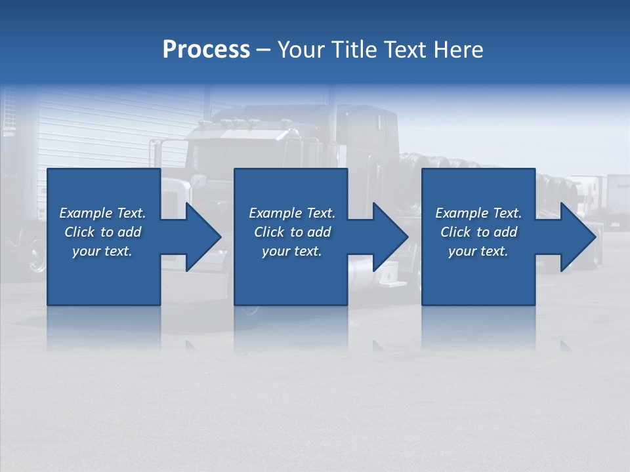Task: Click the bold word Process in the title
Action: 206,50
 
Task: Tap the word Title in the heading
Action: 354,50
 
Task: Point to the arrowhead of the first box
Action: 200,237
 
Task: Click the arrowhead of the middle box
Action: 387,237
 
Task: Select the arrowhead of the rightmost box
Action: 575,237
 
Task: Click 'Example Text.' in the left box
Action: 102,213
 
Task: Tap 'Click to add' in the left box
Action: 102,232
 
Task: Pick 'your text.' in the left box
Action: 102,251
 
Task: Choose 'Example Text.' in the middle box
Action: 292,213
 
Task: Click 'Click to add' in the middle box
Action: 292,232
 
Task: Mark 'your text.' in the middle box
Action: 292,251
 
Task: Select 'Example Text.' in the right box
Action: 478,213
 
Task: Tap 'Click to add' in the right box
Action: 478,232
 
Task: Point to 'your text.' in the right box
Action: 478,251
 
